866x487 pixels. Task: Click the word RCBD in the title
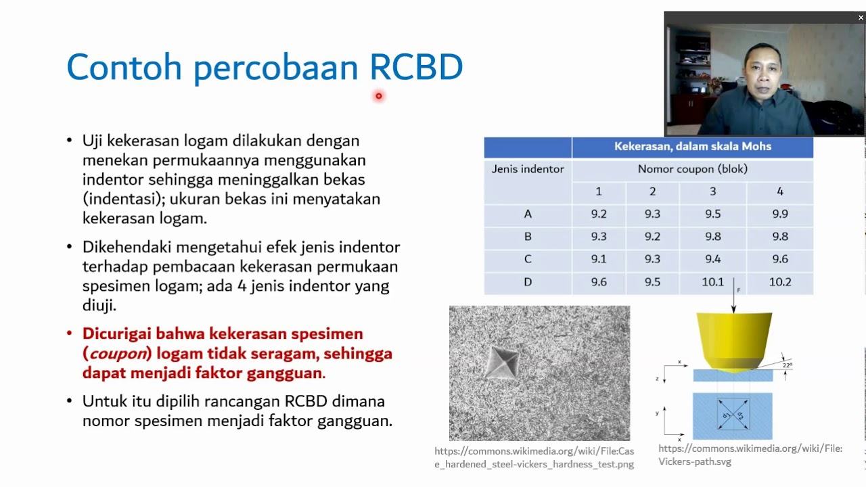pyautogui.click(x=415, y=68)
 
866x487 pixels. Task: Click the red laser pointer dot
pyautogui.click(x=379, y=96)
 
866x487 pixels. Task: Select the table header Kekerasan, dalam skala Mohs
pyautogui.click(x=692, y=146)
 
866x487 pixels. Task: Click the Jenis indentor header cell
pyautogui.click(x=528, y=169)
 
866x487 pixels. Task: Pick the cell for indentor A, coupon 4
pyautogui.click(x=779, y=214)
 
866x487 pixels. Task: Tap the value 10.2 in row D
pyautogui.click(x=779, y=282)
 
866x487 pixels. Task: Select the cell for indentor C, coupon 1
pyautogui.click(x=598, y=259)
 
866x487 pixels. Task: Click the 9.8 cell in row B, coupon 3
pyautogui.click(x=712, y=237)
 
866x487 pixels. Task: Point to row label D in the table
pyautogui.click(x=528, y=282)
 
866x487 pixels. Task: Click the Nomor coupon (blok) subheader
pyautogui.click(x=692, y=169)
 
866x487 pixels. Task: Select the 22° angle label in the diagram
pyautogui.click(x=787, y=365)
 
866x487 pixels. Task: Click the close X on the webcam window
pyautogui.click(x=861, y=18)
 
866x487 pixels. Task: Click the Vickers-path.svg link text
pyautogui.click(x=695, y=461)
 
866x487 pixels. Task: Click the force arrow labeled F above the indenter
pyautogui.click(x=734, y=298)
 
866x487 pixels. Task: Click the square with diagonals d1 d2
pyautogui.click(x=732, y=414)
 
